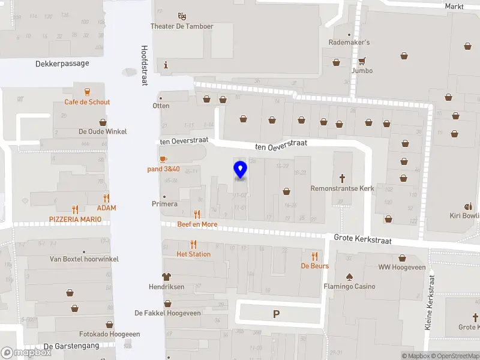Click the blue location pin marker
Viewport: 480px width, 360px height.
coord(240,170)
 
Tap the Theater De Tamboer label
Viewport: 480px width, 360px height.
coord(182,26)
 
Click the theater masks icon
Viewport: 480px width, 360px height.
coord(182,16)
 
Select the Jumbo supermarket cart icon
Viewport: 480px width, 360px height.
coord(362,61)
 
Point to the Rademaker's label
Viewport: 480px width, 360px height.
coord(349,43)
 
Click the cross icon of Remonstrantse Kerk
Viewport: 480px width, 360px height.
coord(343,178)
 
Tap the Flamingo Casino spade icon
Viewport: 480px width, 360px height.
coord(349,277)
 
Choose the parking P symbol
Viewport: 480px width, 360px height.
coord(277,314)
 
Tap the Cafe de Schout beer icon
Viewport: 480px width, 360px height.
coord(88,92)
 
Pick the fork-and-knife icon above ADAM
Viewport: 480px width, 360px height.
coord(107,198)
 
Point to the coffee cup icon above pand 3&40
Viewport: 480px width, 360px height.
coord(163,159)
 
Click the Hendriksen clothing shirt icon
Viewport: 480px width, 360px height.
coord(167,277)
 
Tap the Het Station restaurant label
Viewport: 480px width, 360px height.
coord(193,254)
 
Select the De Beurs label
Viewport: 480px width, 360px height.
coord(314,266)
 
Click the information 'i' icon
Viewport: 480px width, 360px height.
coord(166,65)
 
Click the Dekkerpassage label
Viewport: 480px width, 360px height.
coord(62,63)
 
